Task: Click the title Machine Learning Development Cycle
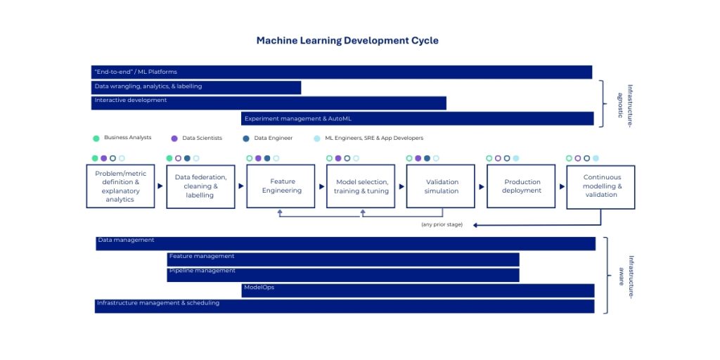tap(347, 41)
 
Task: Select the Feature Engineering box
tap(281, 186)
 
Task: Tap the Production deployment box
tap(521, 186)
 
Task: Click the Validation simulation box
tap(441, 186)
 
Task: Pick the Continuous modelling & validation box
tap(600, 186)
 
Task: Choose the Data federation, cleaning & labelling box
tap(200, 186)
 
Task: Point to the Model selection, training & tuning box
tap(361, 186)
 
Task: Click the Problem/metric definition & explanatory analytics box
tap(120, 186)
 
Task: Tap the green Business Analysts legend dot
tap(96, 139)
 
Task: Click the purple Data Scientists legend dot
tap(174, 139)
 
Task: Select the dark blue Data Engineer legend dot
tap(246, 139)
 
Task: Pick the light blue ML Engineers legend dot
tap(317, 139)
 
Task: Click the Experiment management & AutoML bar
tap(417, 119)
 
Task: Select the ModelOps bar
tap(418, 290)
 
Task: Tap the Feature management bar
tap(343, 259)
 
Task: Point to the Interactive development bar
tap(269, 103)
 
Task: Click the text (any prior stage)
tap(442, 224)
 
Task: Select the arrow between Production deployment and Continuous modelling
tap(562, 186)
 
